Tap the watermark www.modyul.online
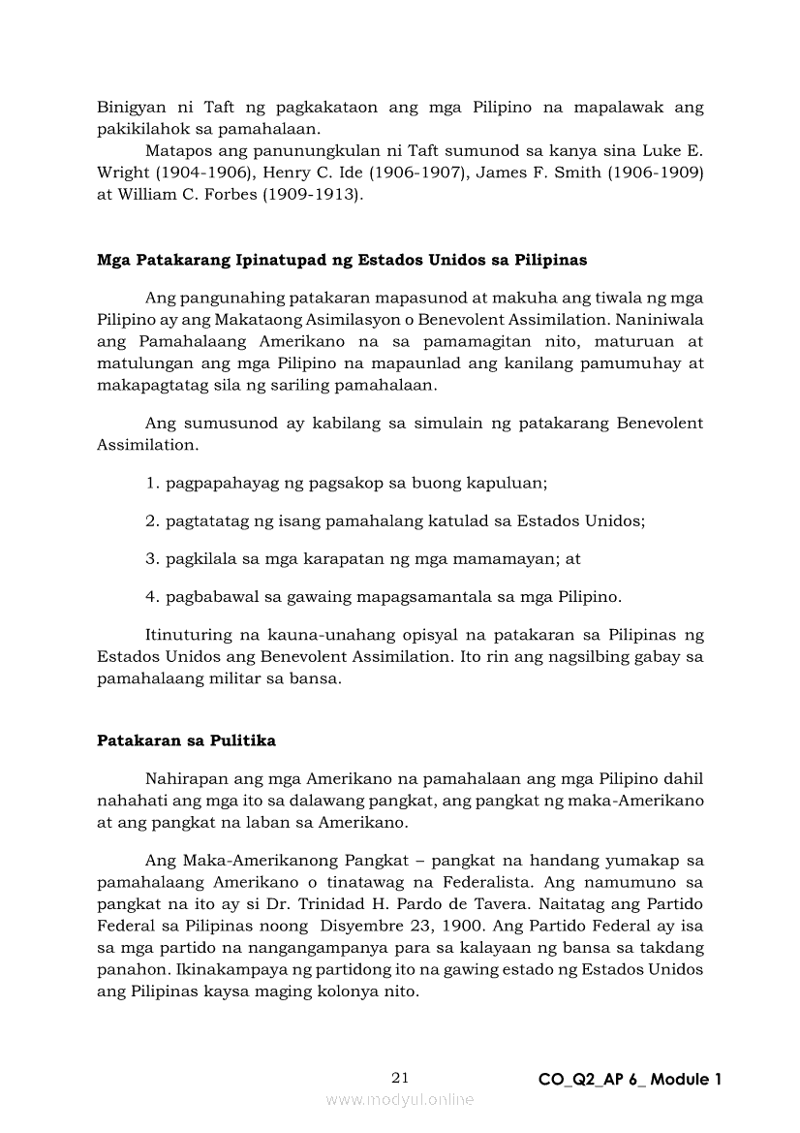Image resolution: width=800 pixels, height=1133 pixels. click(x=400, y=1099)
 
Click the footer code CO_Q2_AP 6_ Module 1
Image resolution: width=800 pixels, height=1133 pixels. click(x=630, y=1079)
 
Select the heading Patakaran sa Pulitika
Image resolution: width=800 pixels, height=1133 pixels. click(x=186, y=740)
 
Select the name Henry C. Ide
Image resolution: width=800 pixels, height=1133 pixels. click(x=308, y=172)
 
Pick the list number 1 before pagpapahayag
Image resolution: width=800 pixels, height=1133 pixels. click(x=152, y=482)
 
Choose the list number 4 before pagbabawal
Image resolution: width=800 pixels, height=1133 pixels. click(x=152, y=596)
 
